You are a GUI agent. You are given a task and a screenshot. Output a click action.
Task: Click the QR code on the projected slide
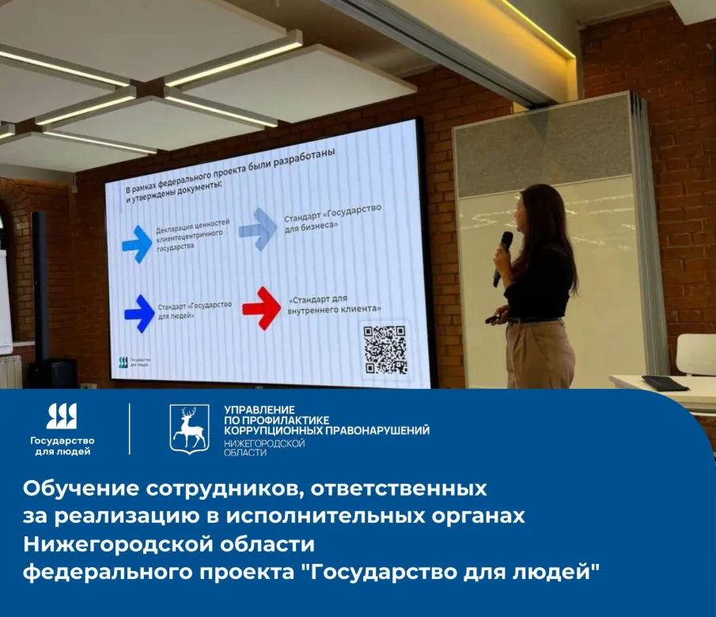coord(385,349)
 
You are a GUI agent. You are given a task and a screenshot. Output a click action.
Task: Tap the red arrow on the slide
coord(262,307)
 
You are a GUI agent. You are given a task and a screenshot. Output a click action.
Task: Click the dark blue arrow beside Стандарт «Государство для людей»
coord(139,313)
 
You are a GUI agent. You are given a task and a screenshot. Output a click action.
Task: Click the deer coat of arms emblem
coord(189,428)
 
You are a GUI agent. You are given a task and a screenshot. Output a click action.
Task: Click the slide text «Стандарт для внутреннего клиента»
coord(335,304)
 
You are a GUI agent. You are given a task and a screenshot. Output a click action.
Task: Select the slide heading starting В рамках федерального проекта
coord(226,172)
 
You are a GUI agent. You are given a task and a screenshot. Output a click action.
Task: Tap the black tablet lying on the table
coord(665,383)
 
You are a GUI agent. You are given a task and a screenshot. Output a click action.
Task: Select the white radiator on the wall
coord(9,371)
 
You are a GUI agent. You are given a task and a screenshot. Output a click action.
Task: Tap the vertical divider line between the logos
coord(130,428)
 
